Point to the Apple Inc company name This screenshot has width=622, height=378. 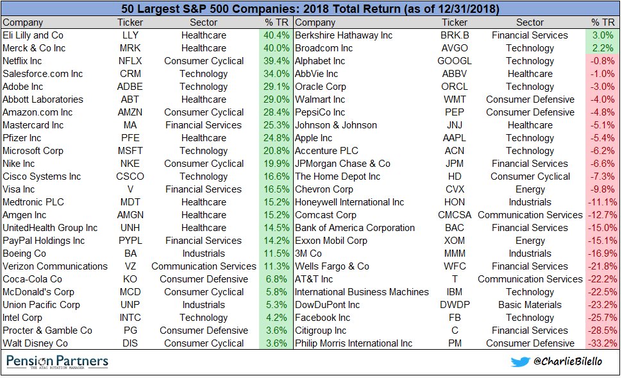(x=314, y=138)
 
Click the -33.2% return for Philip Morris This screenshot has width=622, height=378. (x=601, y=343)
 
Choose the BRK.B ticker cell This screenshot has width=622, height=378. (x=455, y=35)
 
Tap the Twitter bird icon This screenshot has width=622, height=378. (x=520, y=361)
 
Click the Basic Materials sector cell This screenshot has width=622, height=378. (x=530, y=305)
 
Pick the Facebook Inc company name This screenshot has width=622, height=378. (x=323, y=318)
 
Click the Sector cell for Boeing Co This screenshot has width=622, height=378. (x=203, y=253)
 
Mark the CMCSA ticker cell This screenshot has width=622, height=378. (x=455, y=215)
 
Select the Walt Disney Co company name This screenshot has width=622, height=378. (x=35, y=343)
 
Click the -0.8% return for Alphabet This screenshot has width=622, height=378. (x=602, y=61)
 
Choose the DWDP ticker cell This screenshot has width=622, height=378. (x=455, y=305)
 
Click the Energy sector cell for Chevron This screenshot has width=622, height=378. (x=530, y=189)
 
